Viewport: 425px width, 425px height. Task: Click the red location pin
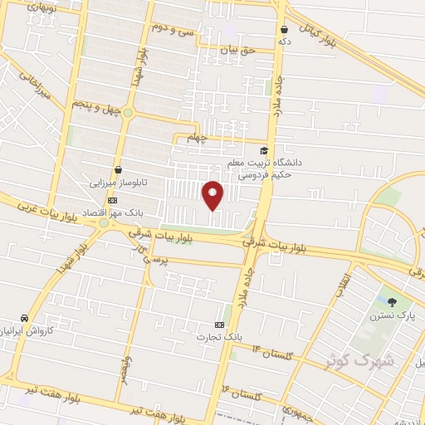click(x=212, y=193)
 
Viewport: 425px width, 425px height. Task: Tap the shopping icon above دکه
click(x=284, y=27)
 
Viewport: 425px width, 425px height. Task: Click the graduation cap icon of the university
click(x=265, y=150)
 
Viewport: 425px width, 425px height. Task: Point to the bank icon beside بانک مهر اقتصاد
click(x=113, y=200)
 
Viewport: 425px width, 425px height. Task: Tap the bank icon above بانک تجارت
click(x=219, y=324)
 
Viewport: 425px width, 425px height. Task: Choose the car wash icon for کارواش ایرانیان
click(x=24, y=318)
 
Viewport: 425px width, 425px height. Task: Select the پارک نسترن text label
click(x=393, y=315)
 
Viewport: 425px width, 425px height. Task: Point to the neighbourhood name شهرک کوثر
click(x=367, y=361)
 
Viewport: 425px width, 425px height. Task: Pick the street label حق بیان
click(x=234, y=51)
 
